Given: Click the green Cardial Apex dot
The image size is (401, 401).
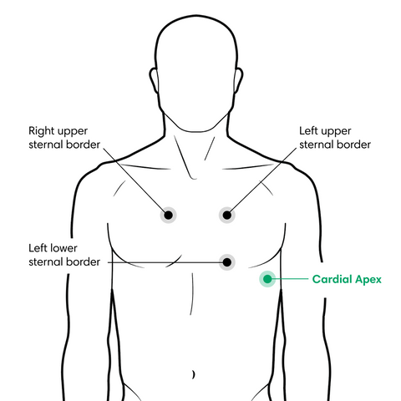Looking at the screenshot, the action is point(267,279).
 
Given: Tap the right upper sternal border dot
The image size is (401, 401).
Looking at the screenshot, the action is point(168,215).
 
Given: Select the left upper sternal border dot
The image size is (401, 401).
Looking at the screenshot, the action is point(227,215).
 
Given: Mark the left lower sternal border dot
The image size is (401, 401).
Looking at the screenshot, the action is point(227,262).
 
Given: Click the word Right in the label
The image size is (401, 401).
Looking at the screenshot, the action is point(41,131).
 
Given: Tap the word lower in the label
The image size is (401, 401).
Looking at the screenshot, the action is point(63,248).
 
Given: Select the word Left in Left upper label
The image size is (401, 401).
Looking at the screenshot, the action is point(308,130).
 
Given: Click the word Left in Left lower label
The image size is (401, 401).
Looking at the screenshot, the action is point(38,248).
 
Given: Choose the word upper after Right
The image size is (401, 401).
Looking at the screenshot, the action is point(73,132).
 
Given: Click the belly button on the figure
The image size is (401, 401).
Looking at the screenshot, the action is point(194,374).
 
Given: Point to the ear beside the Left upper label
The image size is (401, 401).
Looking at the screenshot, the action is point(238,81).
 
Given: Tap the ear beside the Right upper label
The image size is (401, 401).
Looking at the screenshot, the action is point(154,81).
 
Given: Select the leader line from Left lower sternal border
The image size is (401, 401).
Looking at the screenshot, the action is point(165,262).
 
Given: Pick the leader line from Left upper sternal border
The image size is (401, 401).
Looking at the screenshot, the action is point(263,180).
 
